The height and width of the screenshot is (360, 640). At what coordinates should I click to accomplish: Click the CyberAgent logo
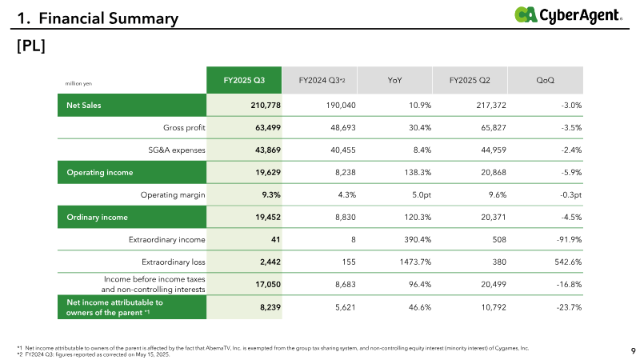pyautogui.click(x=568, y=15)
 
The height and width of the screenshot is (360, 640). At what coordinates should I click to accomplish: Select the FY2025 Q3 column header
pyautogui.click(x=244, y=80)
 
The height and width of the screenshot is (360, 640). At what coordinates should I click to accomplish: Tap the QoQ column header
pyautogui.click(x=546, y=80)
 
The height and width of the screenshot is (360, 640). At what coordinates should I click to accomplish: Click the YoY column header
pyautogui.click(x=394, y=80)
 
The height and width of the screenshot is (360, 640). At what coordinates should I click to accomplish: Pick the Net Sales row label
pyautogui.click(x=84, y=106)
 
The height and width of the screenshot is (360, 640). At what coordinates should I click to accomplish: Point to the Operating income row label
pyautogui.click(x=99, y=172)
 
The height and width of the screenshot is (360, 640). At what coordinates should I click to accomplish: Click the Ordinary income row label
pyautogui.click(x=97, y=217)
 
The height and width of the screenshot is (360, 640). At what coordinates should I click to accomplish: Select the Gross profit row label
pyautogui.click(x=184, y=128)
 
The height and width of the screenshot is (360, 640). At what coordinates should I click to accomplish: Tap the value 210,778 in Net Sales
pyautogui.click(x=266, y=106)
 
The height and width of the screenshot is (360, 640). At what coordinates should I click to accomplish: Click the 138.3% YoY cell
pyautogui.click(x=418, y=172)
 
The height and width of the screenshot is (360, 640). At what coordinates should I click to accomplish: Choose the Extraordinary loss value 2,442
pyautogui.click(x=270, y=262)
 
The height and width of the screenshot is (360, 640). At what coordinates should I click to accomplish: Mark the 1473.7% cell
pyautogui.click(x=415, y=262)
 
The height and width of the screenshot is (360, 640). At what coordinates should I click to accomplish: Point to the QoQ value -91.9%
pyautogui.click(x=569, y=239)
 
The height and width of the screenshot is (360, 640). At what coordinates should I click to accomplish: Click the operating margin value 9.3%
pyautogui.click(x=271, y=194)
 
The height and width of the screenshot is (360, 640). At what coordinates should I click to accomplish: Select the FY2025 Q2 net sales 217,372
pyautogui.click(x=491, y=106)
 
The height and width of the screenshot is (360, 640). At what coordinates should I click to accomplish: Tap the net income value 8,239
pyautogui.click(x=270, y=307)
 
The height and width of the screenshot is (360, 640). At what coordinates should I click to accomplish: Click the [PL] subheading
pyautogui.click(x=31, y=46)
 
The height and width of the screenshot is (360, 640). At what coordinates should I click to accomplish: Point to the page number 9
pyautogui.click(x=633, y=350)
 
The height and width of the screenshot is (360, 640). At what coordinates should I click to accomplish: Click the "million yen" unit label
pyautogui.click(x=78, y=84)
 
